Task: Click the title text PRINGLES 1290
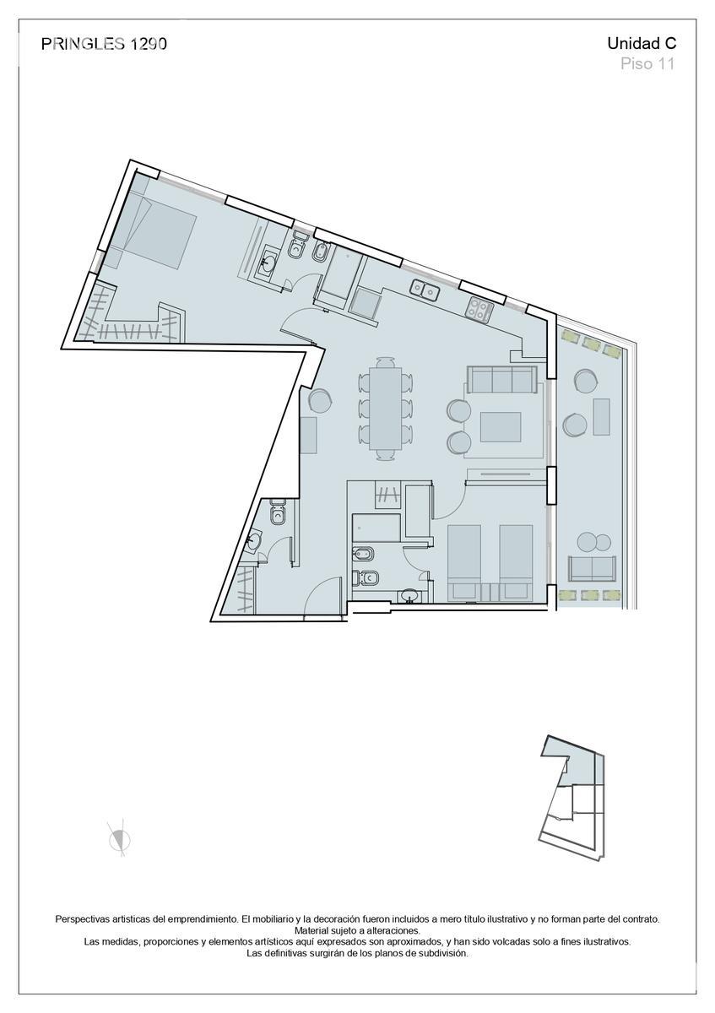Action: [x=104, y=45]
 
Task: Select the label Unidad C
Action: [x=641, y=44]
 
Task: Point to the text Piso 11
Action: [x=647, y=64]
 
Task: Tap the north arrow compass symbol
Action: [x=119, y=838]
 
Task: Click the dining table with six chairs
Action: [x=387, y=408]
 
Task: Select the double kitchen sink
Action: [x=425, y=290]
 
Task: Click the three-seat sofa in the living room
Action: [x=501, y=380]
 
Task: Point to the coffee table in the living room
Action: [x=501, y=425]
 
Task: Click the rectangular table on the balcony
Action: [x=601, y=416]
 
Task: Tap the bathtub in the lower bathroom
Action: [x=375, y=527]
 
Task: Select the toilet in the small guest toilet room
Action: [x=278, y=512]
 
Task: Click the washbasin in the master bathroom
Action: [x=269, y=261]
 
